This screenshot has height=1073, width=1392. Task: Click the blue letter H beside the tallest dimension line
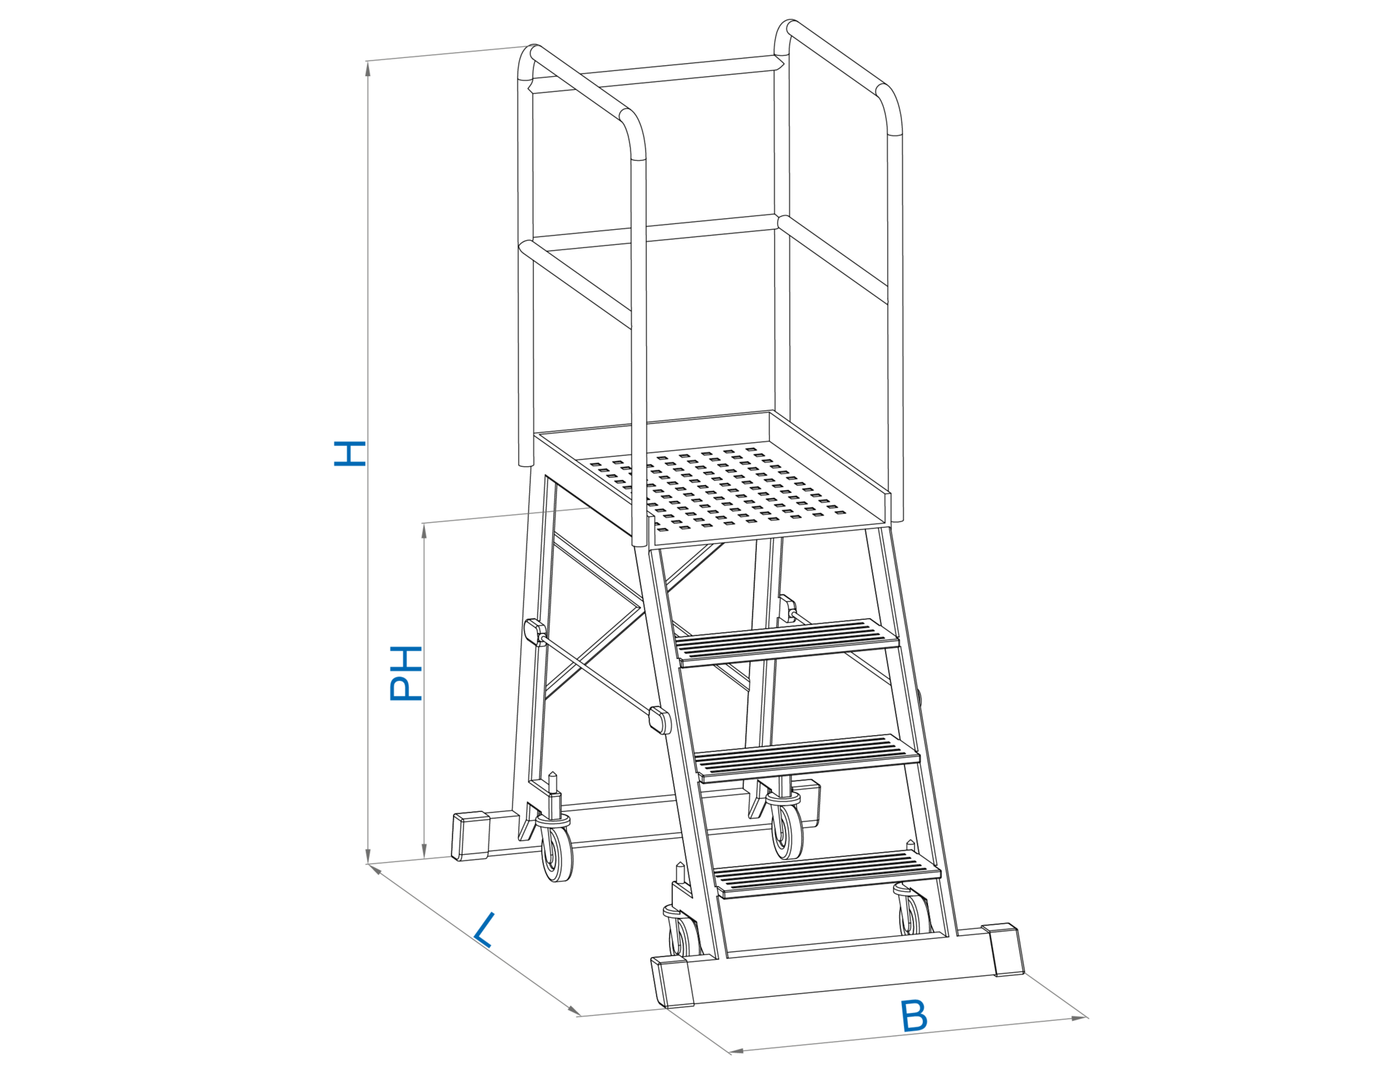click(x=349, y=453)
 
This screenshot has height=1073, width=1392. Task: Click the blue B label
click(x=913, y=1016)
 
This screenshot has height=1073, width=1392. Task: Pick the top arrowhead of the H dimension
click(x=368, y=68)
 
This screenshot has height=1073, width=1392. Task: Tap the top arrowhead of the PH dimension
click(x=424, y=530)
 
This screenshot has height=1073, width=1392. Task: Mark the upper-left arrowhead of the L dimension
click(x=376, y=869)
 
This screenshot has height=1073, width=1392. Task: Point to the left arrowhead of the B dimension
click(x=736, y=1050)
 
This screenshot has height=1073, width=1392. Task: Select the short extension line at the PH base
click(x=410, y=860)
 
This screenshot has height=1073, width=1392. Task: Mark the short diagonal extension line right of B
click(x=1056, y=995)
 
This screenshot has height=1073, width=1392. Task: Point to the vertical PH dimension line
click(x=424, y=761)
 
